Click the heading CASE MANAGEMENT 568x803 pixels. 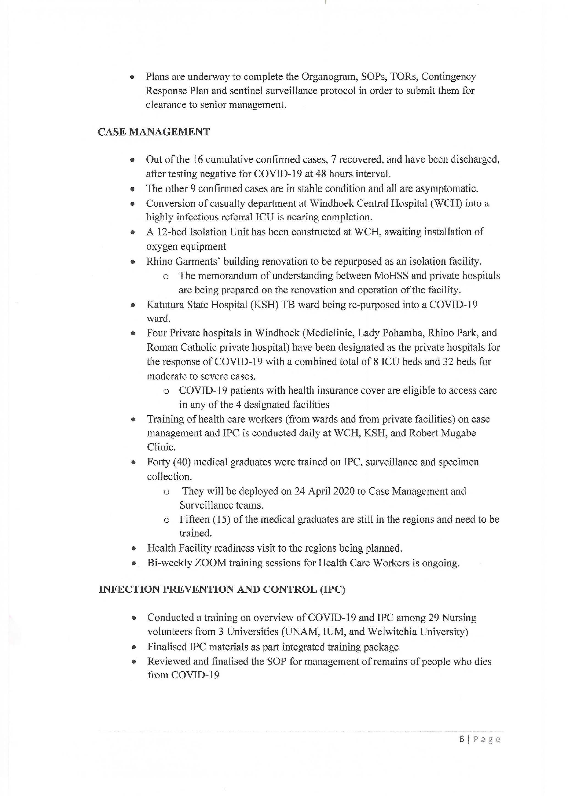154,132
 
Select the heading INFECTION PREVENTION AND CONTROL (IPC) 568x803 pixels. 222,589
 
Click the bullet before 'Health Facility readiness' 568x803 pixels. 133,549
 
